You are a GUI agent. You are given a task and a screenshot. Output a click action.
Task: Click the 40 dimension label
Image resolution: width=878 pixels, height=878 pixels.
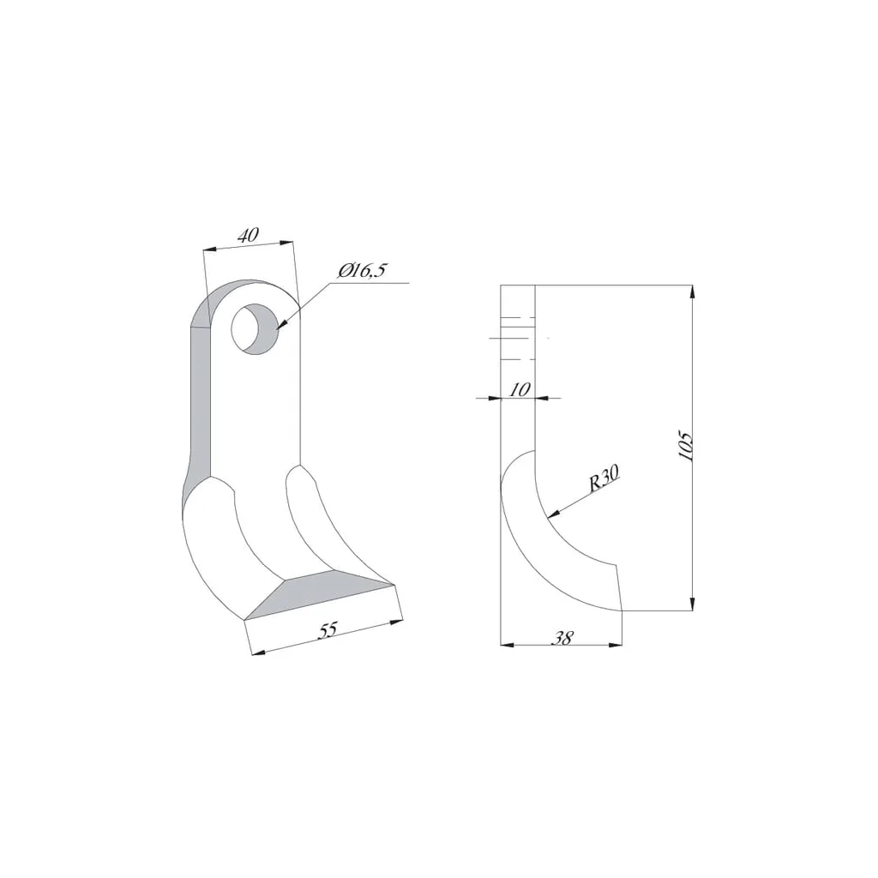coord(248,235)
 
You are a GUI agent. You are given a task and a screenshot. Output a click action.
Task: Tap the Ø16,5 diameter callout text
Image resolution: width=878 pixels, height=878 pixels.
coord(362,272)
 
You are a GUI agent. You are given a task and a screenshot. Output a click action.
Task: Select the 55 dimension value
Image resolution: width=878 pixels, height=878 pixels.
coord(328,630)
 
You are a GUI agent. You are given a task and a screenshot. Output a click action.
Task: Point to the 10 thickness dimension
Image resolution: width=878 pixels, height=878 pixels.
coord(520,390)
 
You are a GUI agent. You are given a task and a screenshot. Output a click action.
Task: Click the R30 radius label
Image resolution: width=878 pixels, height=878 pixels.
coord(604,478)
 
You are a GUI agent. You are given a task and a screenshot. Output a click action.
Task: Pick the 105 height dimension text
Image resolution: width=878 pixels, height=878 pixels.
coord(686,446)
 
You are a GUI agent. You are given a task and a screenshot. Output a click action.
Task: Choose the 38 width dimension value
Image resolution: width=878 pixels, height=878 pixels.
coord(562,637)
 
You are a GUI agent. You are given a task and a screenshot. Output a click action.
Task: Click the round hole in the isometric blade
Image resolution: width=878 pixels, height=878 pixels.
coord(255,329)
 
